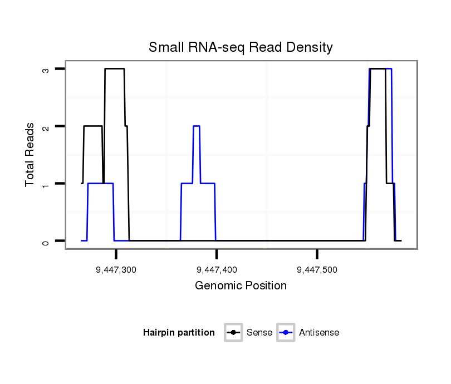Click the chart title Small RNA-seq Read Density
click(241, 47)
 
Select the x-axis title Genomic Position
click(241, 286)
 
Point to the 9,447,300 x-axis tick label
click(116, 270)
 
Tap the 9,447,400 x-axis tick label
click(217, 270)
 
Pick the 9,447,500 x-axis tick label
click(317, 270)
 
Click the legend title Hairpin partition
click(179, 333)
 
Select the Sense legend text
click(259, 333)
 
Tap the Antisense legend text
click(319, 333)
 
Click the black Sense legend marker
click(233, 333)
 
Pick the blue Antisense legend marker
click(286, 333)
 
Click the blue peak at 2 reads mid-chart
click(196, 126)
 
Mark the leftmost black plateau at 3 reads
click(114, 68)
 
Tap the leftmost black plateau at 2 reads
click(92, 126)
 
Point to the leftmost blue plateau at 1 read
click(100, 184)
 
